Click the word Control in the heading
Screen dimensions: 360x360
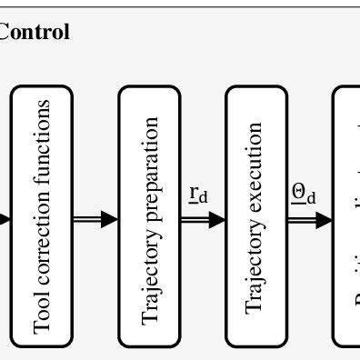(35, 33)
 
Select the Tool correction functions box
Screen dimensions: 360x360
(42, 216)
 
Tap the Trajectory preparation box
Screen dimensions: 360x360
(150, 216)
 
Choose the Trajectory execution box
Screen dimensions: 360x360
(256, 216)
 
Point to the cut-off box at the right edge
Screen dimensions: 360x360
(347, 216)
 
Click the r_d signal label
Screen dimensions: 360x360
(198, 194)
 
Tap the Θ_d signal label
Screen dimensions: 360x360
(304, 194)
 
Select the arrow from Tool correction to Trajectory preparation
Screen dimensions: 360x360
(95, 218)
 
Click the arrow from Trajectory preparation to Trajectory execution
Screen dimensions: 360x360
(203, 218)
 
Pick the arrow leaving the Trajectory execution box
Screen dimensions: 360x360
(309, 218)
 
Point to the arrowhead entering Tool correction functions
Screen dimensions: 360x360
(4, 218)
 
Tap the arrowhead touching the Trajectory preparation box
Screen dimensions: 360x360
(110, 218)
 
